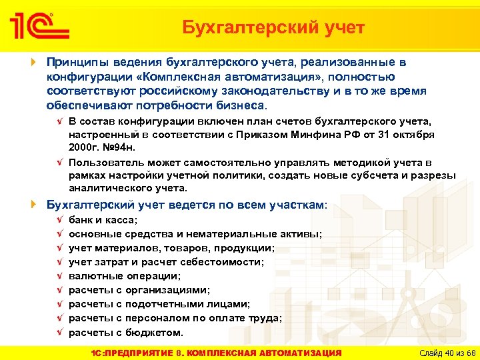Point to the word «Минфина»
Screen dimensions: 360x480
pos(319,134)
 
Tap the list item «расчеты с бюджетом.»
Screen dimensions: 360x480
pos(125,332)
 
